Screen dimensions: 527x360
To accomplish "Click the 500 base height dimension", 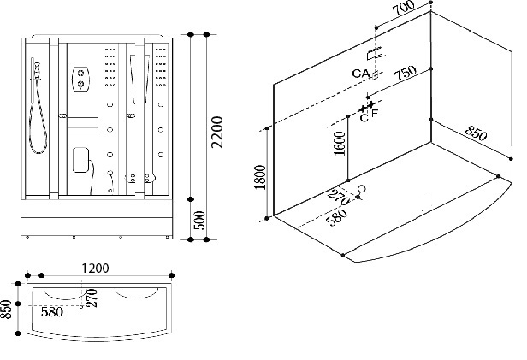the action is pos(199,220).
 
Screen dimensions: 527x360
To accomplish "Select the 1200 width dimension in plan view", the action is pos(96,269).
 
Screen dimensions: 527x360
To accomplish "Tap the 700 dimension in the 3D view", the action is pos(405,8).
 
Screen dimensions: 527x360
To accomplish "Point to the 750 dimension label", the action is pos(405,73).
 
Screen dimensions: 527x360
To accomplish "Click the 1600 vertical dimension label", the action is pos(340,144).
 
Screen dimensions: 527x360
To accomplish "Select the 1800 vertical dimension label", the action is pos(260,177).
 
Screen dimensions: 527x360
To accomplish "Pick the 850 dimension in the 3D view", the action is pos(476,133).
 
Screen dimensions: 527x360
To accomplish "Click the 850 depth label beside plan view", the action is pos(6,309).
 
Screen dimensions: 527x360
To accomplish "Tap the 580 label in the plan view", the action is pos(51,312).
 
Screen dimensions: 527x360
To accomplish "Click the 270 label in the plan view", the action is pos(92,298).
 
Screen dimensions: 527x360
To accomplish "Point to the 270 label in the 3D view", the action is pos(338,198).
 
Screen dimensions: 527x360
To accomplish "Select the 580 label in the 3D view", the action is pos(337,217).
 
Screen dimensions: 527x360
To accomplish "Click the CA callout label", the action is pos(361,74).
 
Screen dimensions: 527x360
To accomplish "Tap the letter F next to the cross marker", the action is pos(375,113).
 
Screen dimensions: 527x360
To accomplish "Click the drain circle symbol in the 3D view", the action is pos(362,188).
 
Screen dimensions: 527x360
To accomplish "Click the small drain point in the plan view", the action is pos(81,307).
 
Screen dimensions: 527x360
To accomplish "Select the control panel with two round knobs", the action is pos(80,79).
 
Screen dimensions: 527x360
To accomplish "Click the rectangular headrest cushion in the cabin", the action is pos(80,160).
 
